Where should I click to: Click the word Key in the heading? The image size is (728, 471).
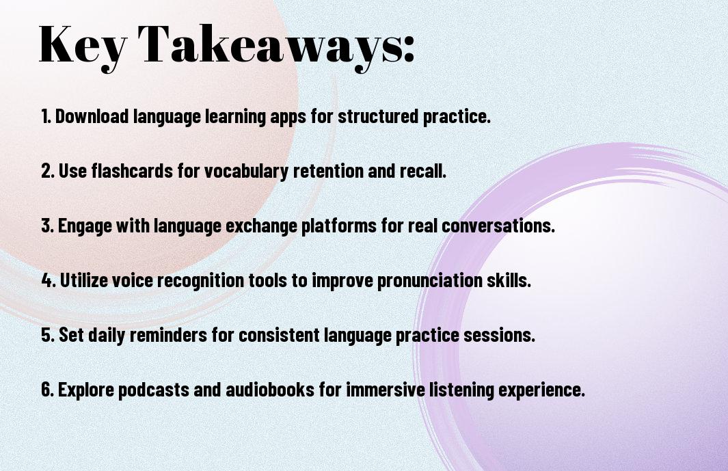[83, 46]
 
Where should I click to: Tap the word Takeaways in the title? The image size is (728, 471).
[271, 46]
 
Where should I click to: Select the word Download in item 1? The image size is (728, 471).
[92, 116]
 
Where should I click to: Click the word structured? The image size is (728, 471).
[378, 116]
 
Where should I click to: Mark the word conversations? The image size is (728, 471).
[498, 226]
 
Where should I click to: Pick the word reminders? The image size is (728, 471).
[168, 335]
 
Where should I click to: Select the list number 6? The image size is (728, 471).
[48, 390]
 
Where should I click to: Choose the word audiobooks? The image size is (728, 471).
[270, 390]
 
